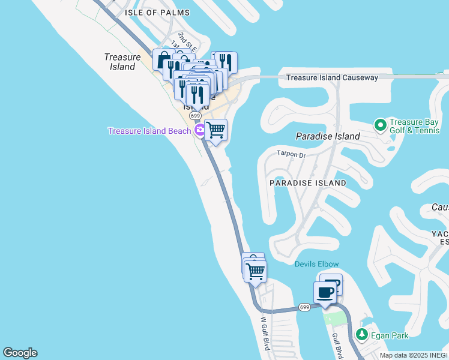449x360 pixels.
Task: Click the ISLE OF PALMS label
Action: point(157,13)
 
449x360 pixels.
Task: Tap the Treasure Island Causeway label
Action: point(332,77)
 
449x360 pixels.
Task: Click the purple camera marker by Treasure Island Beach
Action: point(199,131)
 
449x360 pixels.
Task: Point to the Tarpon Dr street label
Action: point(291,155)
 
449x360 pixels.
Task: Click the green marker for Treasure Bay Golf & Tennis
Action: point(379,125)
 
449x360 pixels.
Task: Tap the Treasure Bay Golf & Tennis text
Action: point(414,125)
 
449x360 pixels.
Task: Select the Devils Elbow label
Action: point(316,264)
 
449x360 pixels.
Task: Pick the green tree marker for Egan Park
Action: point(362,334)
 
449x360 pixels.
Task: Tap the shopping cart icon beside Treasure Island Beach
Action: point(215,130)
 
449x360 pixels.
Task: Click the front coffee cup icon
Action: point(325,292)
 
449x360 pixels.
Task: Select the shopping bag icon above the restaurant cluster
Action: point(163,59)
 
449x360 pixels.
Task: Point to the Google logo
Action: point(20,353)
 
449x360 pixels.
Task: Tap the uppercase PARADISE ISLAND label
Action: point(307,182)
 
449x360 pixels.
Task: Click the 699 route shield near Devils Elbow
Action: point(304,307)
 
